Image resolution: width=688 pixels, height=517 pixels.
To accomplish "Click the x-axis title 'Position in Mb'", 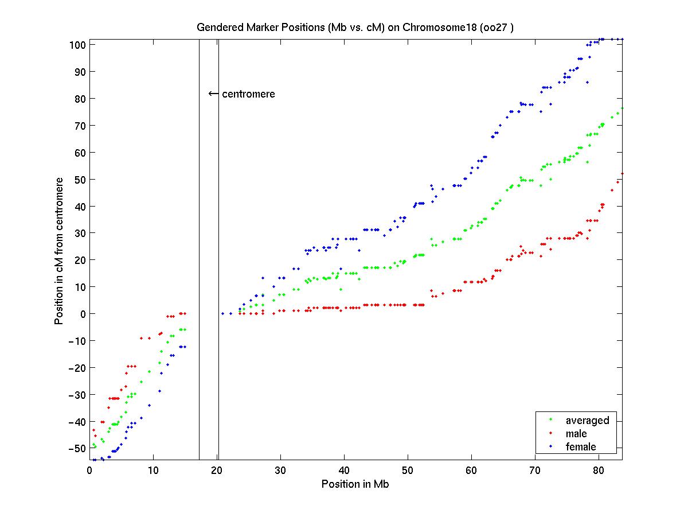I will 355,484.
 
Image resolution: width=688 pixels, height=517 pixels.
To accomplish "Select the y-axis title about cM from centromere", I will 59,251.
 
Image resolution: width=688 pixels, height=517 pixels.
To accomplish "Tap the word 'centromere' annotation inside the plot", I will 248,94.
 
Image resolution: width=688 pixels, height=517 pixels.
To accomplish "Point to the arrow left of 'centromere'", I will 213,94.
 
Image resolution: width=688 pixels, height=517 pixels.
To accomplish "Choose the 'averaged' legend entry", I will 587,420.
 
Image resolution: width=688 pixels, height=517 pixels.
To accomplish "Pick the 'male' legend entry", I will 576,434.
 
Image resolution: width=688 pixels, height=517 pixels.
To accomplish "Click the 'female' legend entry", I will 581,447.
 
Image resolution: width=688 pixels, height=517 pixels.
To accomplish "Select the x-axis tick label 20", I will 217,470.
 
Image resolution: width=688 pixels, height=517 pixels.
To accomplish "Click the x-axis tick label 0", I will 89,470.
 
